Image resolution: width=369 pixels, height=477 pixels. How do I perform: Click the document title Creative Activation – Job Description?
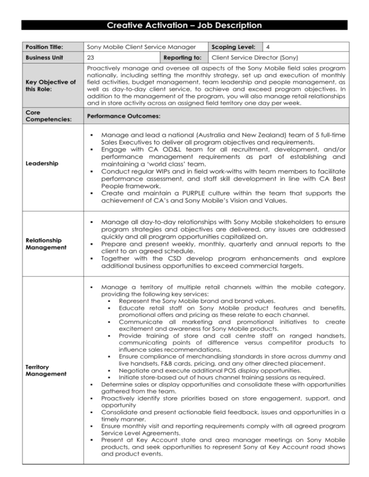pos(184,25)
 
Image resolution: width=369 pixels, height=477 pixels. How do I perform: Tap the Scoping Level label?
pos(235,47)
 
